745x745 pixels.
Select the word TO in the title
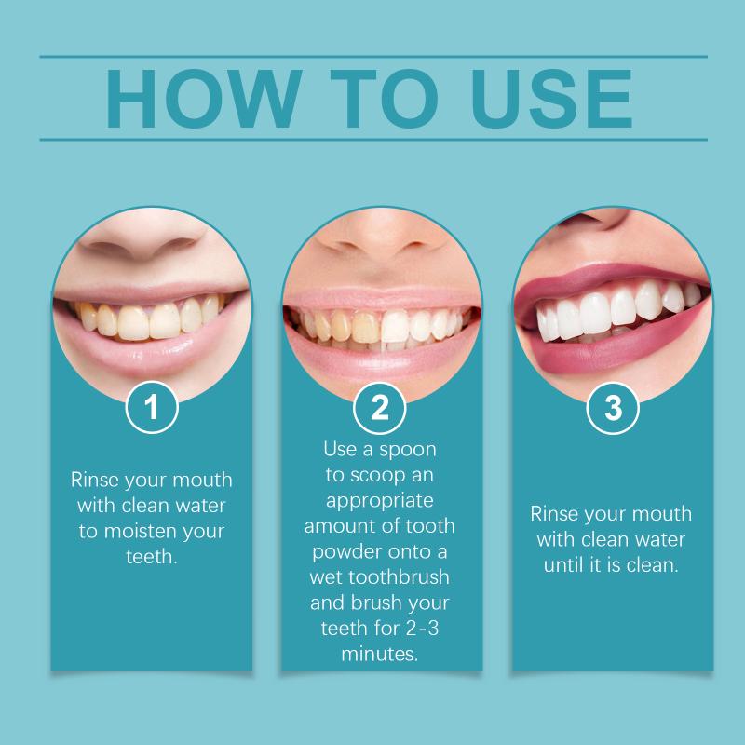[x=384, y=99]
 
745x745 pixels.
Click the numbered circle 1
[x=152, y=407]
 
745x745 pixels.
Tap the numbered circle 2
[x=380, y=408]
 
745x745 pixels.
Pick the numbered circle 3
[x=613, y=408]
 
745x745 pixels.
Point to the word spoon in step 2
[x=408, y=450]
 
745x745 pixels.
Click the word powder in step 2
[x=347, y=552]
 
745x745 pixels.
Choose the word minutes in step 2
[x=380, y=655]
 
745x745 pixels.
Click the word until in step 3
[x=565, y=565]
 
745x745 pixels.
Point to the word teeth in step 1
[x=152, y=556]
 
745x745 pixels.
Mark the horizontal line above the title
[x=373, y=57]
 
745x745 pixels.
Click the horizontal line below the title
[x=373, y=140]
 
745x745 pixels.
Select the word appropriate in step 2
[x=380, y=501]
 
